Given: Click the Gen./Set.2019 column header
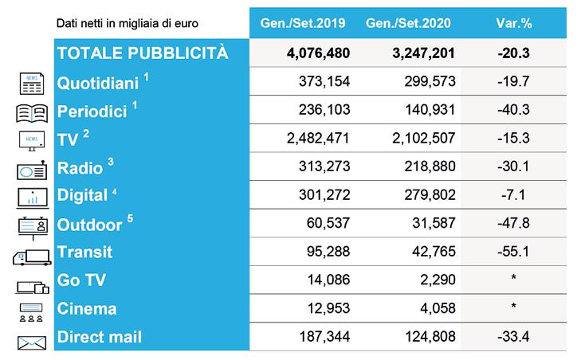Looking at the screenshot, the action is (303, 23).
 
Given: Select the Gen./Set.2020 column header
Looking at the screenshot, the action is (408, 23).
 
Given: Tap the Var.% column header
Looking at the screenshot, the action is (514, 23).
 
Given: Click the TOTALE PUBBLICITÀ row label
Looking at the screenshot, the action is (143, 53).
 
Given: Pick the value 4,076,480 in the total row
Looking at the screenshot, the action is (318, 53).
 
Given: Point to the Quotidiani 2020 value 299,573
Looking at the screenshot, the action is (430, 81).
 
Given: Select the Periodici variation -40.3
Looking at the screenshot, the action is (513, 110).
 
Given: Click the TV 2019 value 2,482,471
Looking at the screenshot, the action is (318, 138).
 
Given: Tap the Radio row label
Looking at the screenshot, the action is (80, 168).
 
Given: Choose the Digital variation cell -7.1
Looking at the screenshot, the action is (513, 195).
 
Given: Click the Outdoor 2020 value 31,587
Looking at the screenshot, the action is (434, 223).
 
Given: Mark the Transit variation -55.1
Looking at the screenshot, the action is (513, 252).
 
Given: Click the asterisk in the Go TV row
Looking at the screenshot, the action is (513, 277).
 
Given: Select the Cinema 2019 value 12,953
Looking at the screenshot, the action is (328, 308).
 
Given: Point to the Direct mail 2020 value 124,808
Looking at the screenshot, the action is (430, 337).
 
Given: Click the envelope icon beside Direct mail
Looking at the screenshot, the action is (32, 343).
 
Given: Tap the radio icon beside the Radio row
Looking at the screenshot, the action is (32, 170).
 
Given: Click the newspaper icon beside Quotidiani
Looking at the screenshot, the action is (32, 84).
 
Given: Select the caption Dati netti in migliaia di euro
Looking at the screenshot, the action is (127, 24).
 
